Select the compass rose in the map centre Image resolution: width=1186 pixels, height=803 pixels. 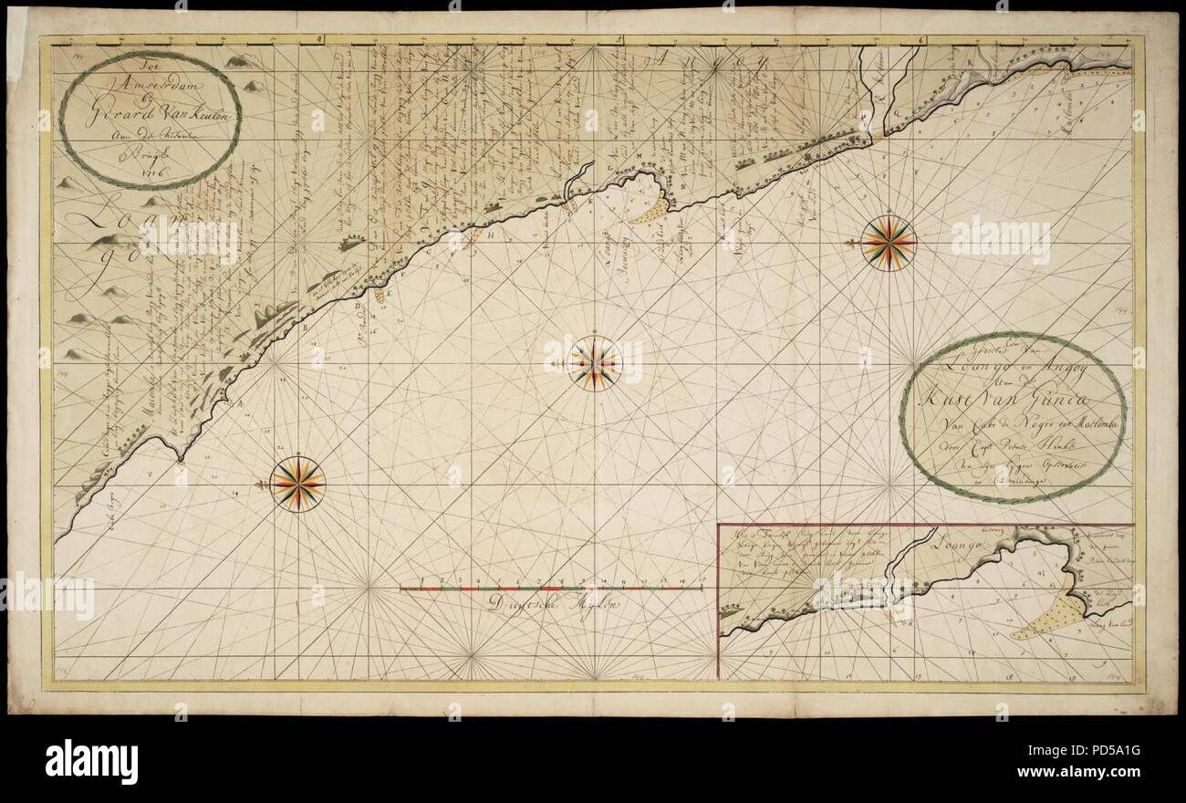click(x=595, y=363)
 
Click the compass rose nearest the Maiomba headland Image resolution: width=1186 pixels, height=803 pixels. click(x=297, y=483)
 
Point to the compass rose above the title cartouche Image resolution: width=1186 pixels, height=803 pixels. click(x=889, y=242)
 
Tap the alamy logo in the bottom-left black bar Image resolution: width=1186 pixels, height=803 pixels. click(x=92, y=759)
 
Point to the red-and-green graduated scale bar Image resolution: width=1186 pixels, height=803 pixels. click(x=557, y=589)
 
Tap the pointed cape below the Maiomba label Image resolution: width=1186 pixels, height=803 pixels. click(x=180, y=459)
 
